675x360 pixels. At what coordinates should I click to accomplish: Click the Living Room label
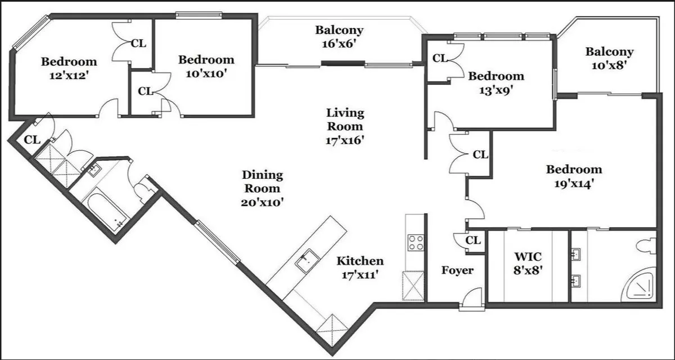pyautogui.click(x=345, y=127)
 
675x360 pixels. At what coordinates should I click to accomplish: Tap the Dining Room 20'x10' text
pyautogui.click(x=263, y=188)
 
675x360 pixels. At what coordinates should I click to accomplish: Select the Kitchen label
pyautogui.click(x=360, y=268)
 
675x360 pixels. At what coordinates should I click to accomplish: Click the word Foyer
pyautogui.click(x=457, y=271)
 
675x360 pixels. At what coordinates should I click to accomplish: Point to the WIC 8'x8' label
pyautogui.click(x=528, y=263)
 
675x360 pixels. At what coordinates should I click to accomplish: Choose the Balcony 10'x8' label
pyautogui.click(x=609, y=58)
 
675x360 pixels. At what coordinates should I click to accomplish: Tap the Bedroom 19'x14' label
pyautogui.click(x=574, y=175)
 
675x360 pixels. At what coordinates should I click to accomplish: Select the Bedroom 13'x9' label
pyautogui.click(x=496, y=82)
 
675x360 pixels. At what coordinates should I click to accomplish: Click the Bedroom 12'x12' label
pyautogui.click(x=69, y=67)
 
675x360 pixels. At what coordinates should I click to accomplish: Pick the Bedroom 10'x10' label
pyautogui.click(x=206, y=66)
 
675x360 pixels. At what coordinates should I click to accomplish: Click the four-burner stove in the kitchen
pyautogui.click(x=416, y=242)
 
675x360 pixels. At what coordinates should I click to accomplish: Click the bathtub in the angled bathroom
pyautogui.click(x=107, y=211)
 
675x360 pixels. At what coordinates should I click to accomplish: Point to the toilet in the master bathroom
pyautogui.click(x=647, y=246)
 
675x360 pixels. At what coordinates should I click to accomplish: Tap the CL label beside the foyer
pyautogui.click(x=474, y=241)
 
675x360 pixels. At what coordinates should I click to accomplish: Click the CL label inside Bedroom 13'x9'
pyautogui.click(x=439, y=58)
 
